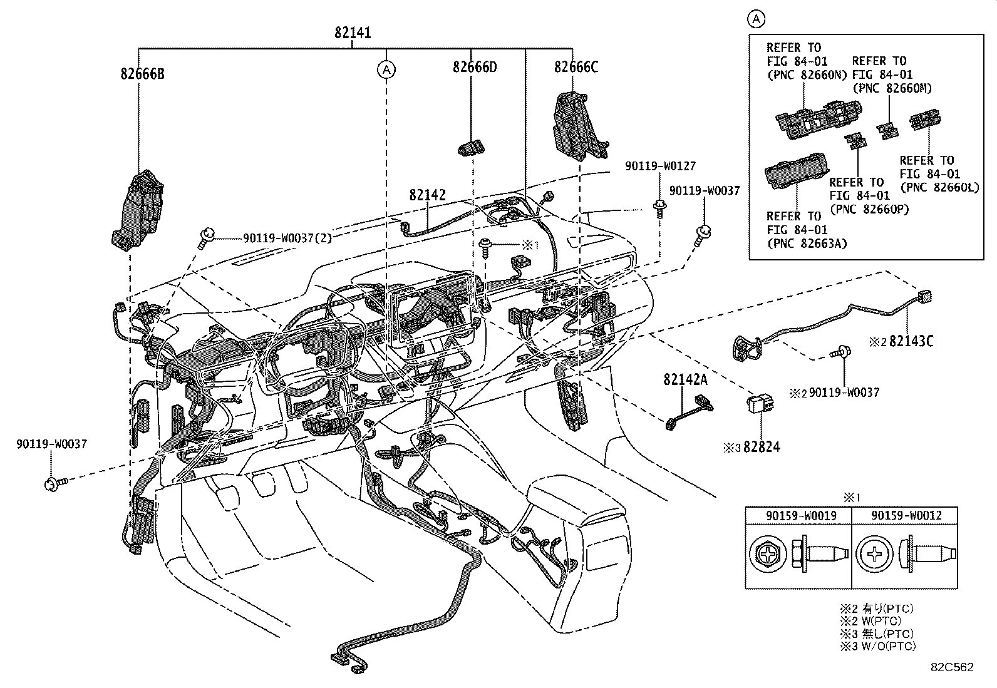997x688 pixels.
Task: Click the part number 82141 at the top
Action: pyautogui.click(x=353, y=33)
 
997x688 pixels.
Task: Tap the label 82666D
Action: pyautogui.click(x=475, y=66)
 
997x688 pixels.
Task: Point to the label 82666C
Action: pyautogui.click(x=576, y=66)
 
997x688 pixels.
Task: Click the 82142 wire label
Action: pyautogui.click(x=428, y=195)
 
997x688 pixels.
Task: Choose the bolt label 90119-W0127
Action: pyautogui.click(x=659, y=166)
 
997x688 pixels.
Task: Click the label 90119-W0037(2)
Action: pyautogui.click(x=287, y=238)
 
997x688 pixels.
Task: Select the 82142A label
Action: pyautogui.click(x=686, y=379)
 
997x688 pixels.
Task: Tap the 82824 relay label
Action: pyautogui.click(x=762, y=447)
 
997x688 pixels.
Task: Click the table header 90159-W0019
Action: pyautogui.click(x=798, y=515)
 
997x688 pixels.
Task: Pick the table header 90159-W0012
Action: pyautogui.click(x=904, y=515)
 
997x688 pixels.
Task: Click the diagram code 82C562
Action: pyautogui.click(x=951, y=667)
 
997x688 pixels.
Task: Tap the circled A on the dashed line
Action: pyautogui.click(x=386, y=69)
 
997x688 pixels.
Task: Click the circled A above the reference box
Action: pyautogui.click(x=757, y=19)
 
